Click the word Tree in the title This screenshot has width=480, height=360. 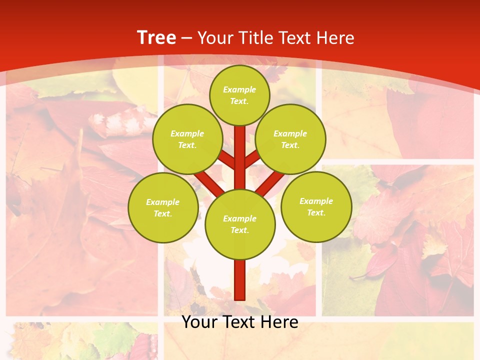[x=156, y=38]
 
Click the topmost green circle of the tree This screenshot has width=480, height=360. [x=239, y=95]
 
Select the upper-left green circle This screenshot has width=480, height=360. [x=187, y=139]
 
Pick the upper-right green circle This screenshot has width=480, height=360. [x=290, y=139]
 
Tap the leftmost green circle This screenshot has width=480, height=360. [x=163, y=207]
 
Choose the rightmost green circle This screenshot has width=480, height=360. [x=316, y=206]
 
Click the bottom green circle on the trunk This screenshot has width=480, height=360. [x=240, y=224]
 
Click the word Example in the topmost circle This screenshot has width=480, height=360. [x=239, y=89]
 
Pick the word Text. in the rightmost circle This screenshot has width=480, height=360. [x=316, y=212]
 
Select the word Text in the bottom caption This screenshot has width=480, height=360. [x=241, y=322]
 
